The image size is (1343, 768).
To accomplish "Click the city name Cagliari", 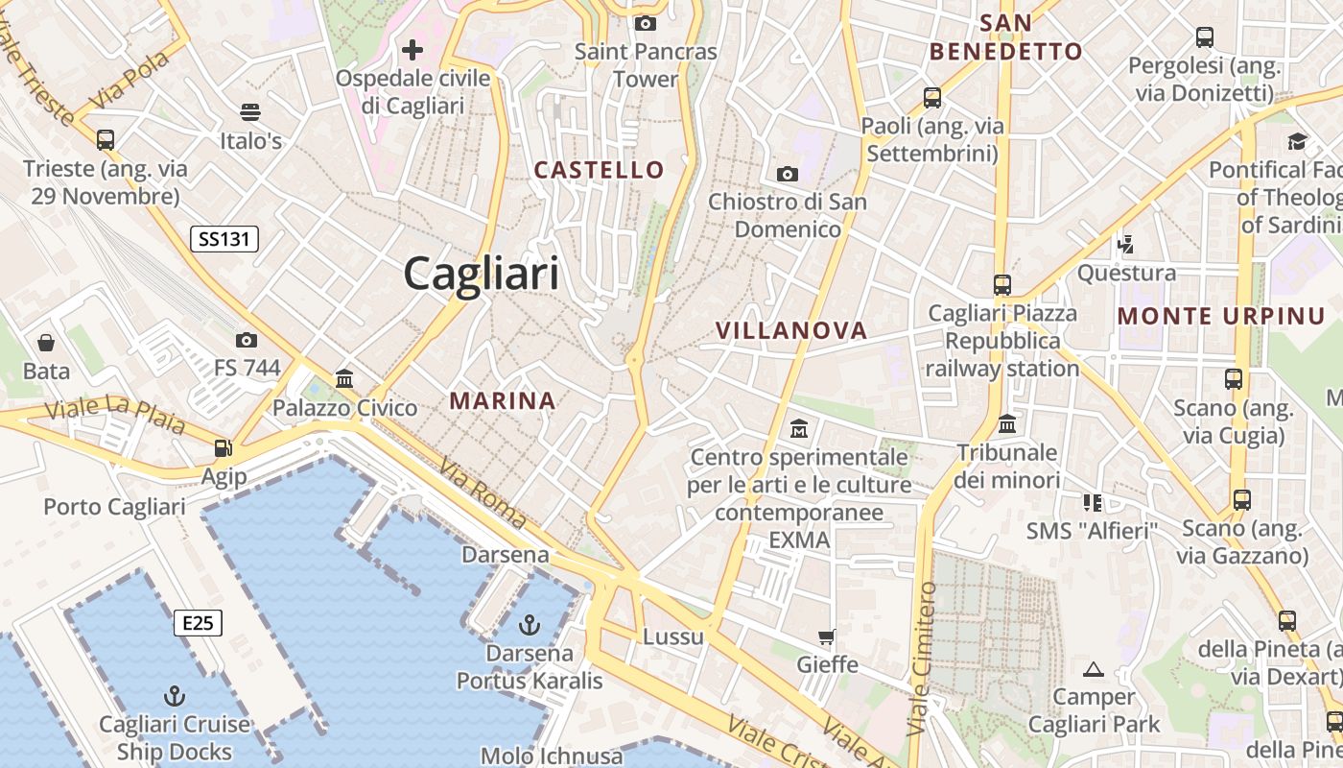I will pos(481,274).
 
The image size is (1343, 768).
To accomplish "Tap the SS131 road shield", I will pos(224,239).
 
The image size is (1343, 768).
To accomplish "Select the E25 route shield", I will pos(198,623).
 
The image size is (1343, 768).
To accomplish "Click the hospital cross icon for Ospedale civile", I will pos(412,49).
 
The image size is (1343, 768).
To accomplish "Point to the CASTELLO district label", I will pos(599,170).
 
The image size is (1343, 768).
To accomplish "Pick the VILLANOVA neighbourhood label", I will pos(791,330).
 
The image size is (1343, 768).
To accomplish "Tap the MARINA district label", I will pos(503,400).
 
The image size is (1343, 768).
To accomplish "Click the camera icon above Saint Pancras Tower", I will pos(646,23).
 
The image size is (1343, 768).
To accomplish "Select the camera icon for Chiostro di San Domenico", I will pos(787,174).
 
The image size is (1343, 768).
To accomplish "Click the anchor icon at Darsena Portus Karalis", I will pos(529,626).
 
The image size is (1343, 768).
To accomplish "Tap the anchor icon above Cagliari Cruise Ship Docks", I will pos(175,695).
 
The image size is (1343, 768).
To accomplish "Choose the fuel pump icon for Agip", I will pos(224,447).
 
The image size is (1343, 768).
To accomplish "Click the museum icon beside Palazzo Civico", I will pos(344,378).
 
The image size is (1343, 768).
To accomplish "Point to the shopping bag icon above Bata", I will pos(46,342).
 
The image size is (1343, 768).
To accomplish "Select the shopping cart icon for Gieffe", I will pos(826,636).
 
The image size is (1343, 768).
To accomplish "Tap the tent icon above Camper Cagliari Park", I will pos(1093,669).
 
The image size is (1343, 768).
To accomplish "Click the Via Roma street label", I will pos(483,492).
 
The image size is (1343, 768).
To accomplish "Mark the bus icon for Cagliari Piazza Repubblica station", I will pos(1002,284).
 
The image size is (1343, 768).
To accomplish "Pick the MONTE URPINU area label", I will pos(1221,316).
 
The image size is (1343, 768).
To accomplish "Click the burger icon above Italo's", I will pos(250,112).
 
